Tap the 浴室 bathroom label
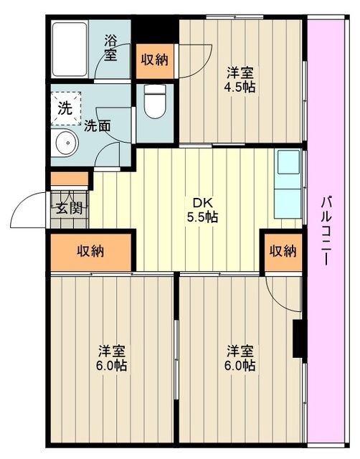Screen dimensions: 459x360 click(x=111, y=47)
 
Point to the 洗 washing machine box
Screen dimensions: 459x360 click(x=65, y=110)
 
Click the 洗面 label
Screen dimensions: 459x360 click(x=97, y=126)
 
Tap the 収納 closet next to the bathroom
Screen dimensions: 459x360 click(x=154, y=60)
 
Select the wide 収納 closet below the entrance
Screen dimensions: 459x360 click(x=91, y=251)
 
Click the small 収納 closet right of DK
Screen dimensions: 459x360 click(x=283, y=251)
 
